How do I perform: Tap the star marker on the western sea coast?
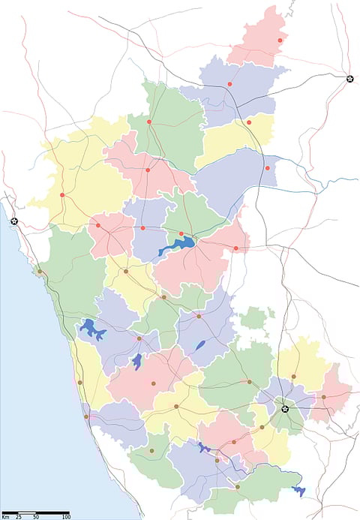click(x=13, y=221)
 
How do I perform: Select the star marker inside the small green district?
click(x=285, y=409)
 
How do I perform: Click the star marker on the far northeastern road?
click(x=349, y=78)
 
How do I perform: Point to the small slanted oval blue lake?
click(x=199, y=345)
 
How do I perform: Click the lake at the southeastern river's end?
click(x=298, y=491)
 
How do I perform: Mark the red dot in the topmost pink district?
click(x=280, y=41)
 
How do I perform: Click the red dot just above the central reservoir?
click(x=181, y=233)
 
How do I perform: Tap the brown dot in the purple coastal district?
click(x=87, y=416)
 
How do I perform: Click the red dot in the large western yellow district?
click(x=62, y=195)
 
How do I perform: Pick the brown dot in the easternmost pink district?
click(x=323, y=397)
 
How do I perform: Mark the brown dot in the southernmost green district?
click(x=237, y=487)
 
